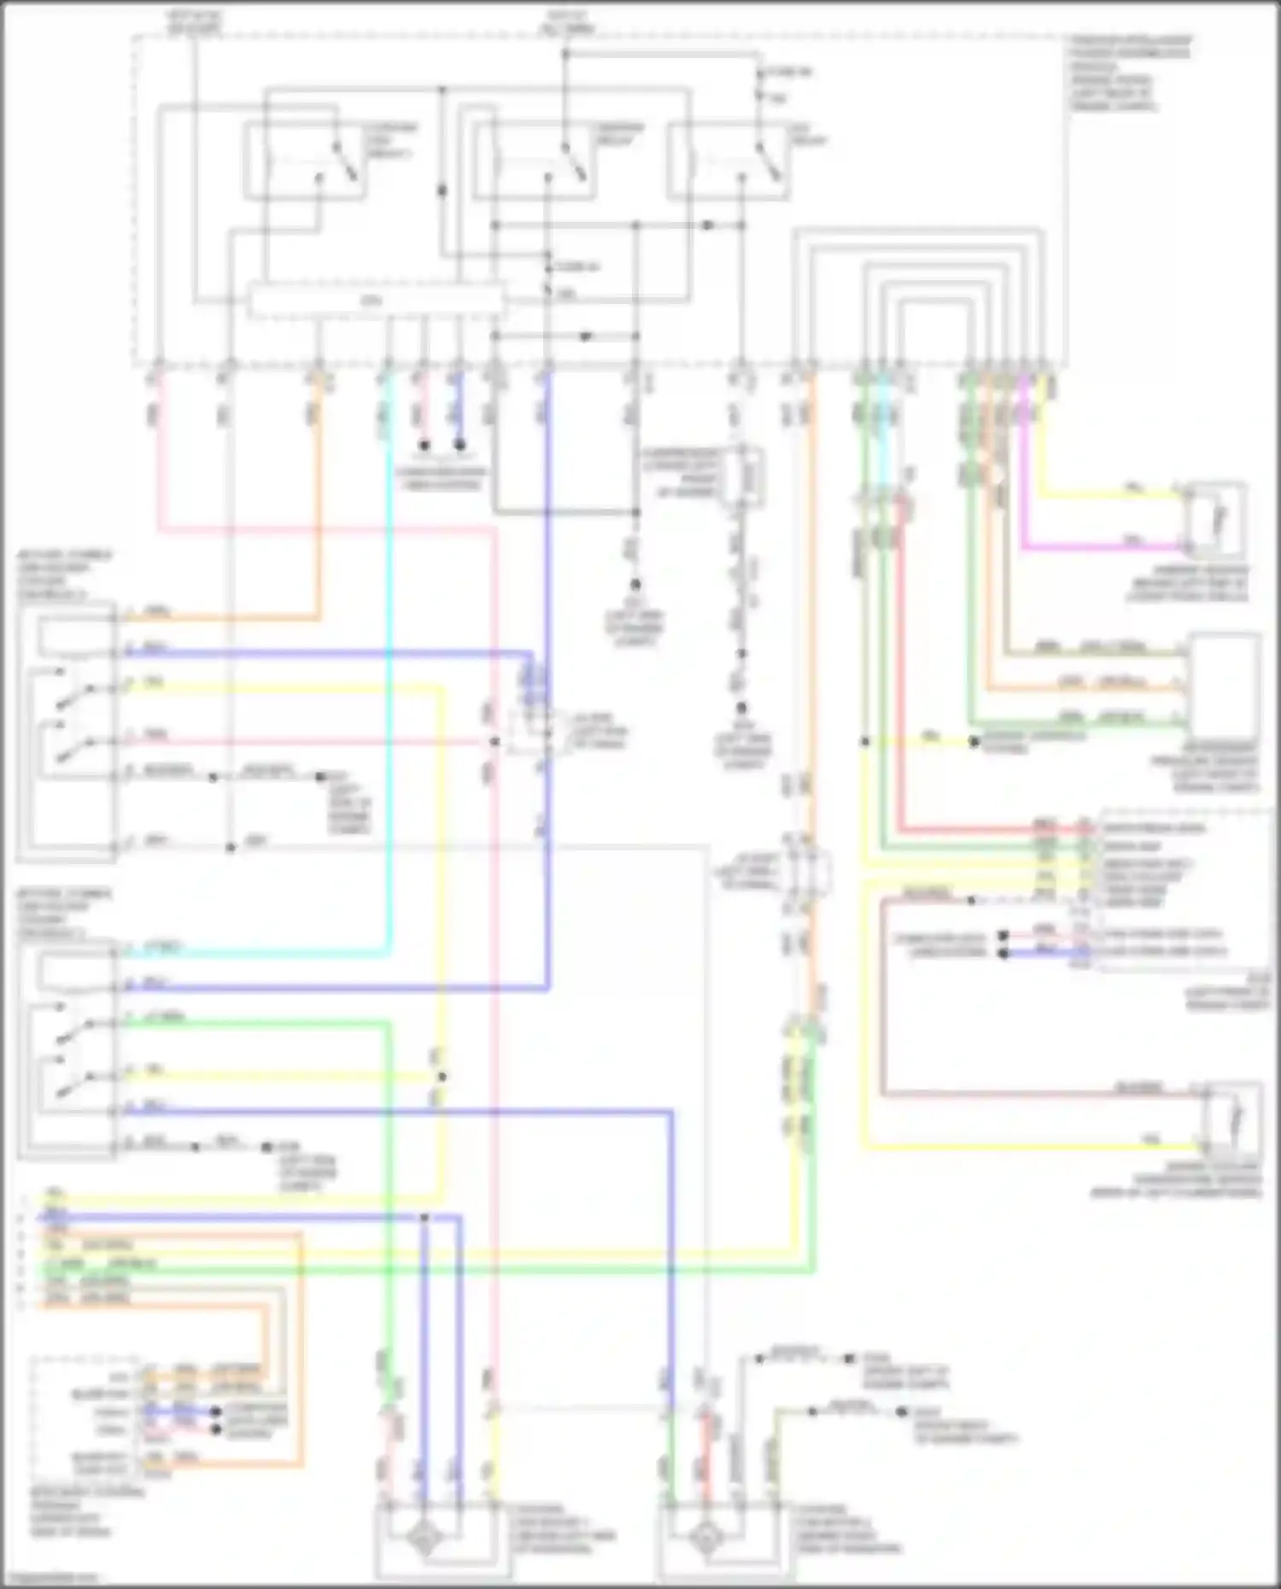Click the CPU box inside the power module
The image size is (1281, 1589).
tap(376, 301)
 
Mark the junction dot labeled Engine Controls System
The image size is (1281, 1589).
tap(974, 742)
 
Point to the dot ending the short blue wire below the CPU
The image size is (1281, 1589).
tap(459, 445)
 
